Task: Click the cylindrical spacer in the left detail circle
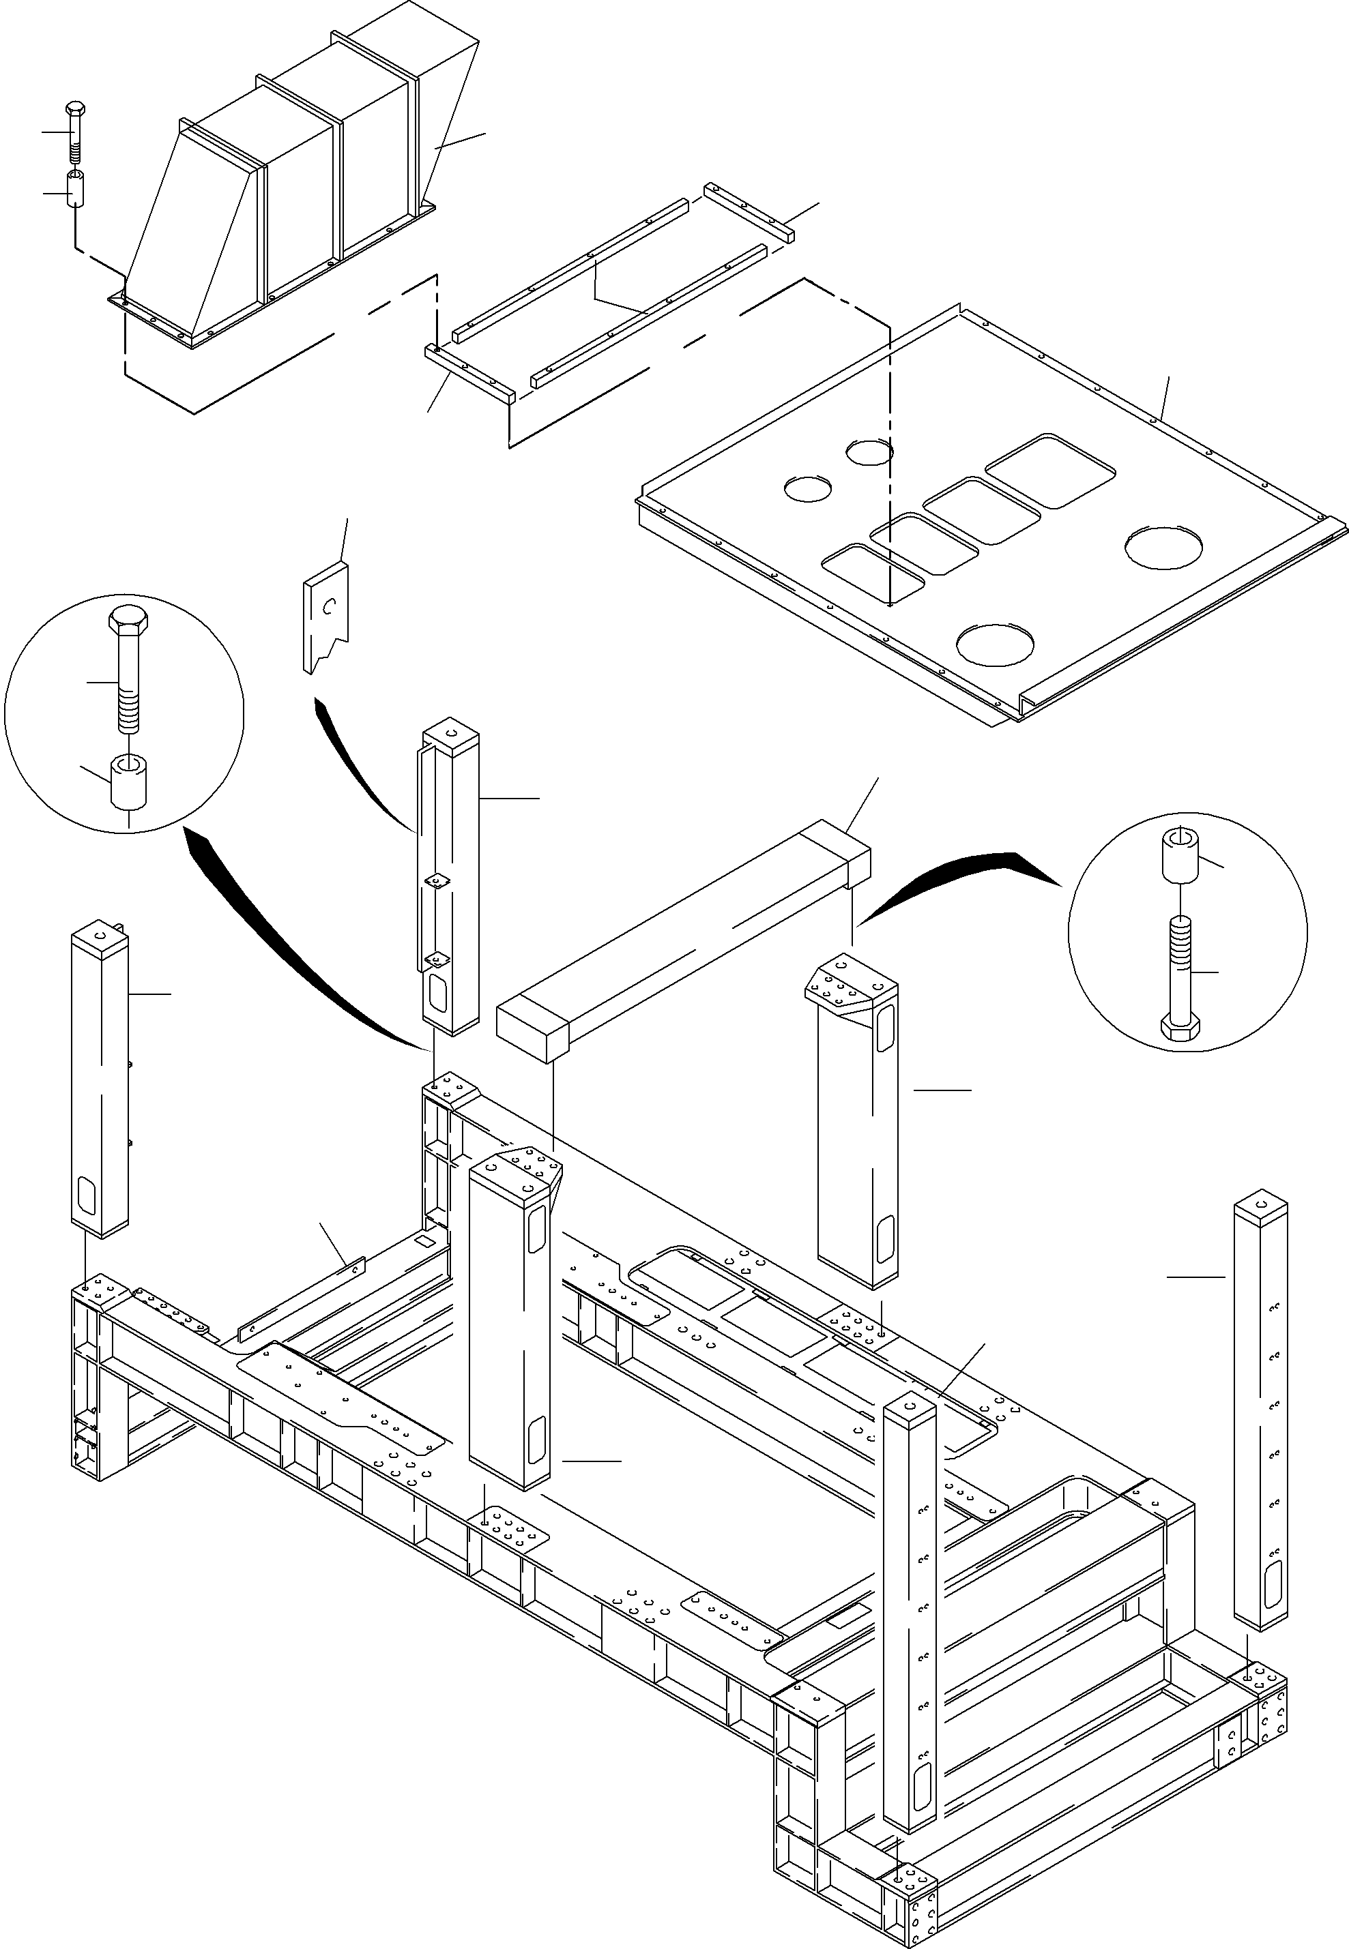pyautogui.click(x=128, y=782)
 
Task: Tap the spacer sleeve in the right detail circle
pyautogui.click(x=1179, y=855)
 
